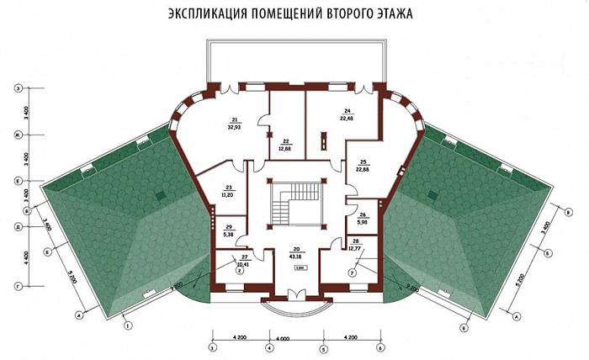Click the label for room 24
click(x=346, y=114)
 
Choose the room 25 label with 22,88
click(x=363, y=166)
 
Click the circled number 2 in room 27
click(x=239, y=270)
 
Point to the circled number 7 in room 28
click(x=353, y=271)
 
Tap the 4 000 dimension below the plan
click(x=295, y=339)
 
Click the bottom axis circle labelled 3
click(x=212, y=347)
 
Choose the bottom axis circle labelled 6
click(x=379, y=347)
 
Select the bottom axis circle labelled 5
click(x=323, y=347)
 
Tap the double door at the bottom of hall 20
click(x=295, y=294)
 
